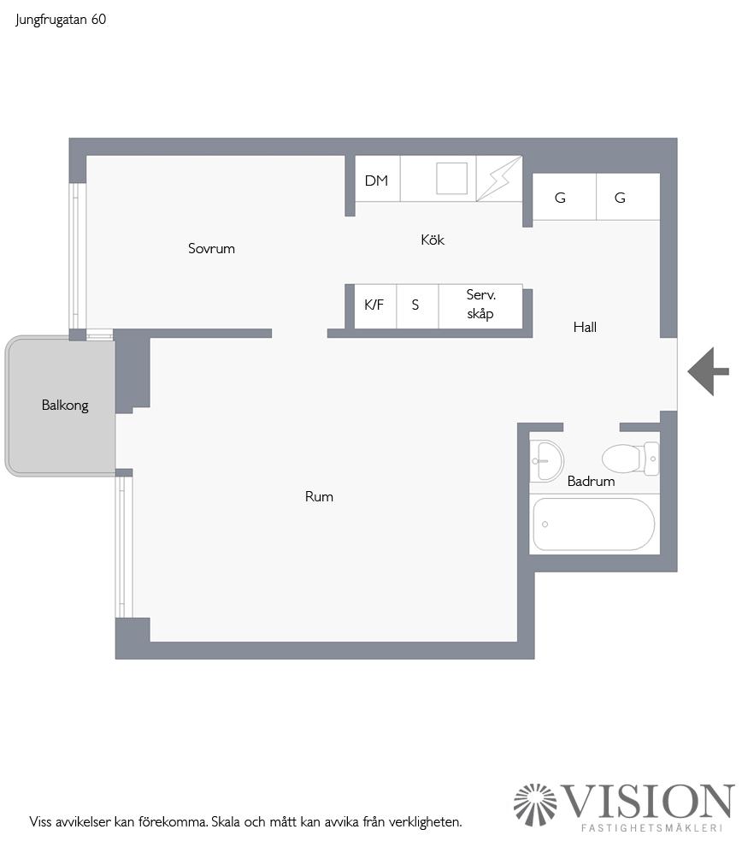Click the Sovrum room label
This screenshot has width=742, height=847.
[x=211, y=249]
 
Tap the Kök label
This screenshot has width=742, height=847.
[x=433, y=240]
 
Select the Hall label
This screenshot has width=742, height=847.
[x=585, y=327]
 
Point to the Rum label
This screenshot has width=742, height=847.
[x=319, y=496]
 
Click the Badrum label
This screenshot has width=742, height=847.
[x=591, y=482]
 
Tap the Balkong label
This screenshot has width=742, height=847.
[x=65, y=406]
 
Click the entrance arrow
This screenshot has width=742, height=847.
[x=708, y=371]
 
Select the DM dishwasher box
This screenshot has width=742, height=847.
[x=377, y=181]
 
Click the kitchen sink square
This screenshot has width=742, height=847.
[x=451, y=178]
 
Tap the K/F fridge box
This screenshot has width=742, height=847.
[x=374, y=305]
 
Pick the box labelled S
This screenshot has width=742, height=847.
[x=416, y=305]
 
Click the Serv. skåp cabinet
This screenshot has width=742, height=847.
[x=480, y=305]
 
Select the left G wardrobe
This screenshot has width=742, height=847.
[x=561, y=198]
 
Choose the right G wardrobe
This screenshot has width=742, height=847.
[x=621, y=198]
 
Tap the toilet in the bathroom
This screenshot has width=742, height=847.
[x=627, y=458]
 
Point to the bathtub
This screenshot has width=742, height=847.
[x=593, y=524]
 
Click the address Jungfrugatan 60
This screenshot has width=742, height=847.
[x=61, y=20]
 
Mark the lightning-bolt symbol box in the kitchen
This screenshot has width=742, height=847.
[x=498, y=179]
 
